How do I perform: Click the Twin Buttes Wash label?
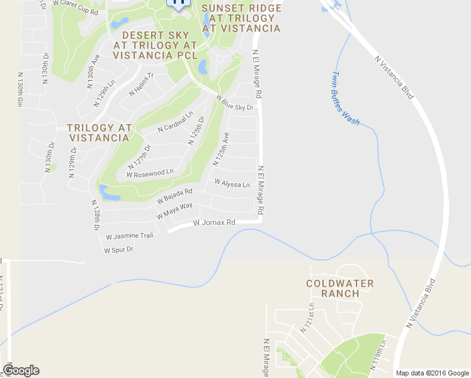(x=344, y=97)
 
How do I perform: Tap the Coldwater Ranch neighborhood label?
(x=340, y=289)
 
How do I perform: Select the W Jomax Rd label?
(x=214, y=223)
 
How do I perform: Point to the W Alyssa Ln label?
(x=232, y=184)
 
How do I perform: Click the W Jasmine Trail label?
(x=130, y=236)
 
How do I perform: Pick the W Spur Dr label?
(x=119, y=250)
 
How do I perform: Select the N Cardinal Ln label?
(x=175, y=122)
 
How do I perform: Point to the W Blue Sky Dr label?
(x=234, y=103)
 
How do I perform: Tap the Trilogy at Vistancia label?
(x=99, y=132)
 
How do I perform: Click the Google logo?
(x=21, y=370)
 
